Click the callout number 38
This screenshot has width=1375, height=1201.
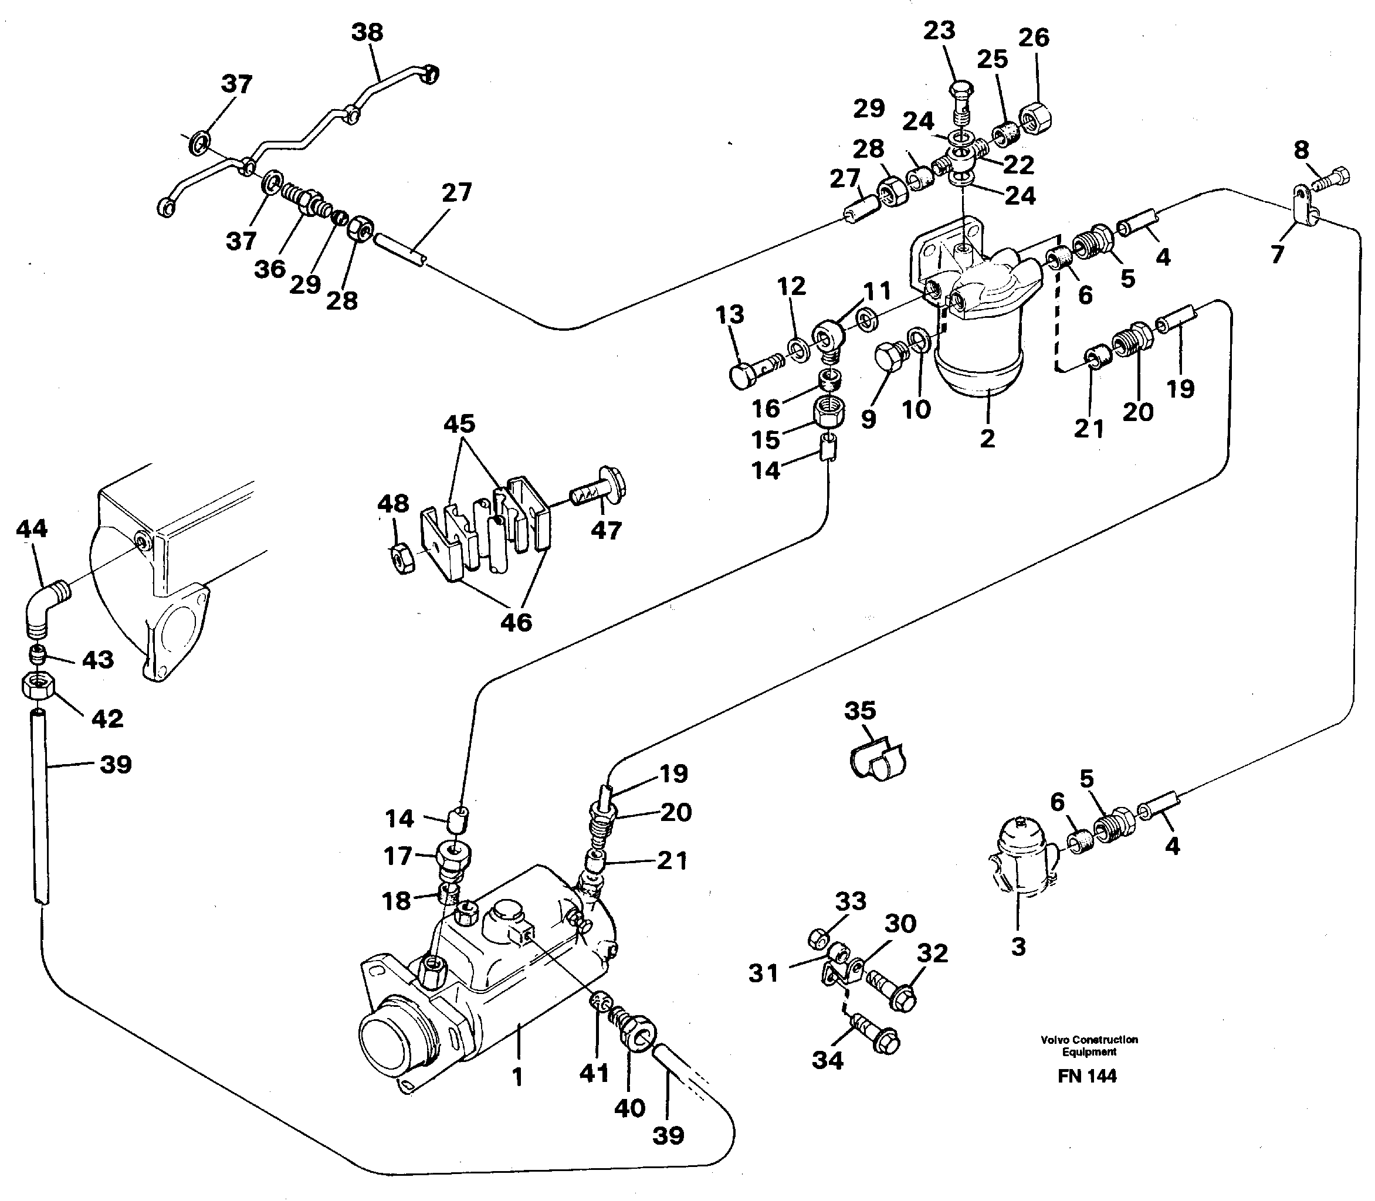tap(367, 32)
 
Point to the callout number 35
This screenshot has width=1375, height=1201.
tap(860, 710)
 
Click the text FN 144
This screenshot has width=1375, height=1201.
tap(1088, 1094)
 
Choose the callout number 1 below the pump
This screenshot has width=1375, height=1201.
tap(517, 1077)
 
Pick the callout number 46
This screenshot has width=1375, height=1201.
tap(516, 623)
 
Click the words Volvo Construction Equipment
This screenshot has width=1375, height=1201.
tap(1089, 1046)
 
